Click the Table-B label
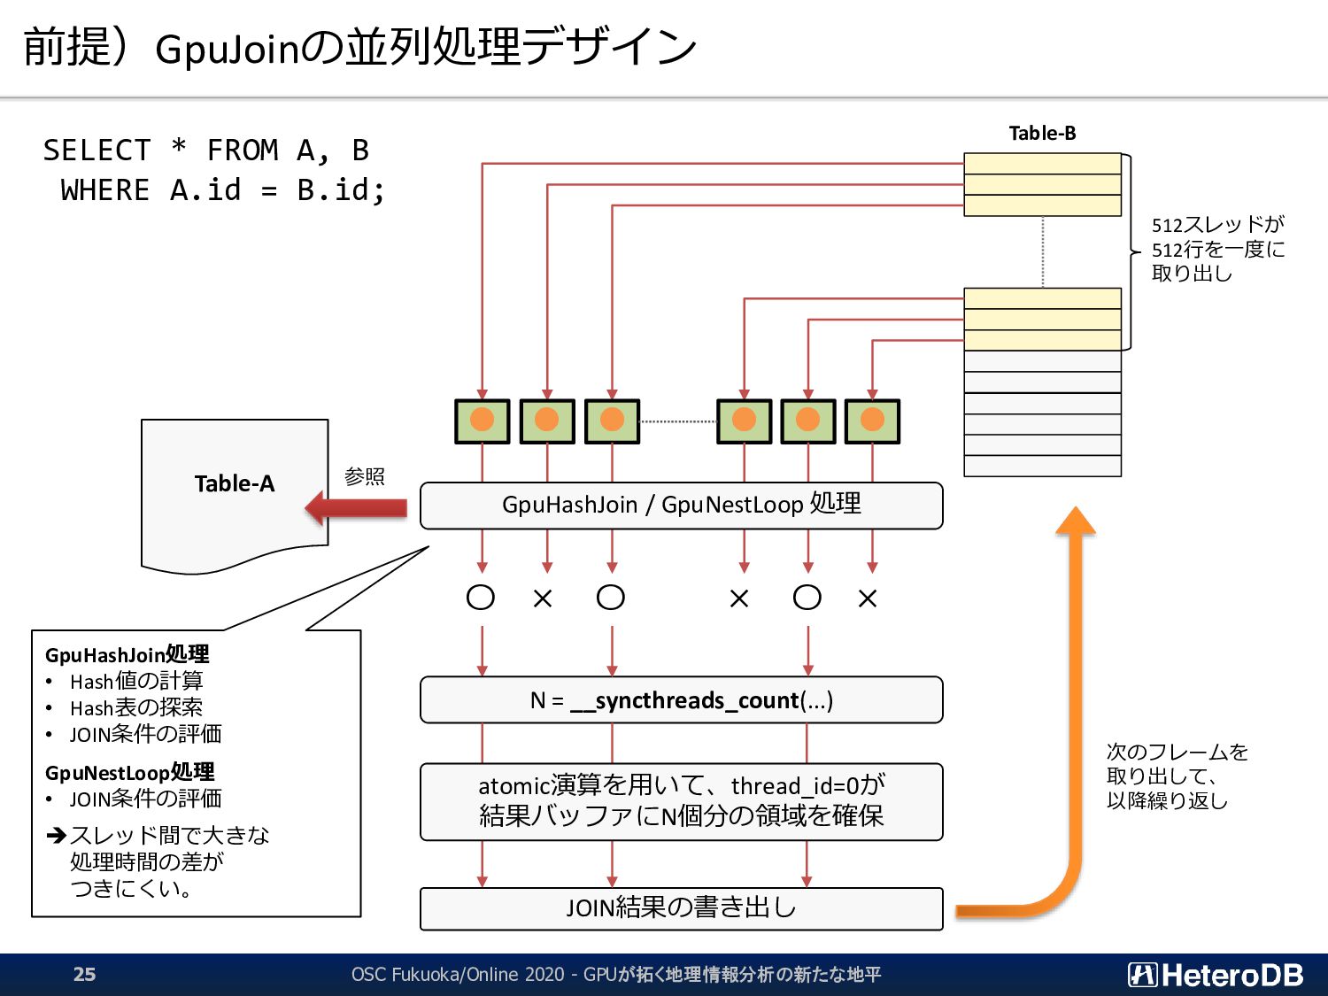click(x=1042, y=134)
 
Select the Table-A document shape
click(x=235, y=491)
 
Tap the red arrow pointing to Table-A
click(x=356, y=508)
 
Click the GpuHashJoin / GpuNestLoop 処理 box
click(x=681, y=506)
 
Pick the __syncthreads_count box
click(x=681, y=700)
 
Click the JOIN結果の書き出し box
click(x=681, y=908)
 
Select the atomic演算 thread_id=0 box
click(x=681, y=801)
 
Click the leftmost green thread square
click(x=482, y=421)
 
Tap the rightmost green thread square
click(x=872, y=421)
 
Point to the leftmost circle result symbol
click(x=481, y=598)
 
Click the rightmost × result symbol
click(x=868, y=599)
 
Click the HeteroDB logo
click(x=1216, y=975)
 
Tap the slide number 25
click(x=84, y=975)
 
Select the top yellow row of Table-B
click(x=1042, y=164)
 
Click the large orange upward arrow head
click(x=1076, y=521)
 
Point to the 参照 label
click(x=365, y=477)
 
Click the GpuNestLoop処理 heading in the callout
click(x=130, y=772)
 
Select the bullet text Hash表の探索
click(x=136, y=708)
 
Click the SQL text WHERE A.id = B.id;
click(x=222, y=190)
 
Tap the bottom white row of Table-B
click(x=1042, y=467)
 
